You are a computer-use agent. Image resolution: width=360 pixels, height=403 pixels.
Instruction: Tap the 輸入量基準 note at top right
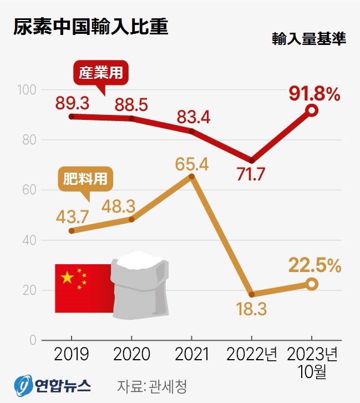309,40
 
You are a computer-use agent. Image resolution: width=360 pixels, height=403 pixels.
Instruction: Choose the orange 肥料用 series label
85,180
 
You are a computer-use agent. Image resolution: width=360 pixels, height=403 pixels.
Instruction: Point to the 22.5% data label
315,266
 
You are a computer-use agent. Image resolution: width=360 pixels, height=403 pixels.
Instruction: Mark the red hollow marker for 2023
312,110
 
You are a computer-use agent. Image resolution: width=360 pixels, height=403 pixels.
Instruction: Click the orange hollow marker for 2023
312,284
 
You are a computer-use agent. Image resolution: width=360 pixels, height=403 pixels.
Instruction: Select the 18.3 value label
251,309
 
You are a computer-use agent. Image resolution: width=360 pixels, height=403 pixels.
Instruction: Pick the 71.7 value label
251,174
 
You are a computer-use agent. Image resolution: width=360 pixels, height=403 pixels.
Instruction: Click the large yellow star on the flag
67,277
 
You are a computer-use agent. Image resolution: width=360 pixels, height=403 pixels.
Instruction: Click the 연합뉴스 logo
53,385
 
